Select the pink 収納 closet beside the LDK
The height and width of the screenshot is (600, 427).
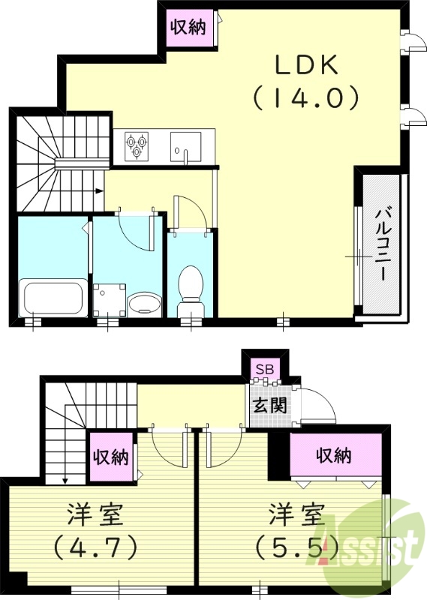pyautogui.click(x=188, y=29)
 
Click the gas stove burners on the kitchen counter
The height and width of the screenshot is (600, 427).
pyautogui.click(x=136, y=145)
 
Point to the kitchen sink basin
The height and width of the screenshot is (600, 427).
pyautogui.click(x=185, y=145)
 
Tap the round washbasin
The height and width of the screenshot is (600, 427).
pyautogui.click(x=143, y=304)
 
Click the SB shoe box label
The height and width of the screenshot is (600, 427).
pyautogui.click(x=265, y=369)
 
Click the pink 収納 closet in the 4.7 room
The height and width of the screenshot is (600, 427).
pyautogui.click(x=110, y=457)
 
